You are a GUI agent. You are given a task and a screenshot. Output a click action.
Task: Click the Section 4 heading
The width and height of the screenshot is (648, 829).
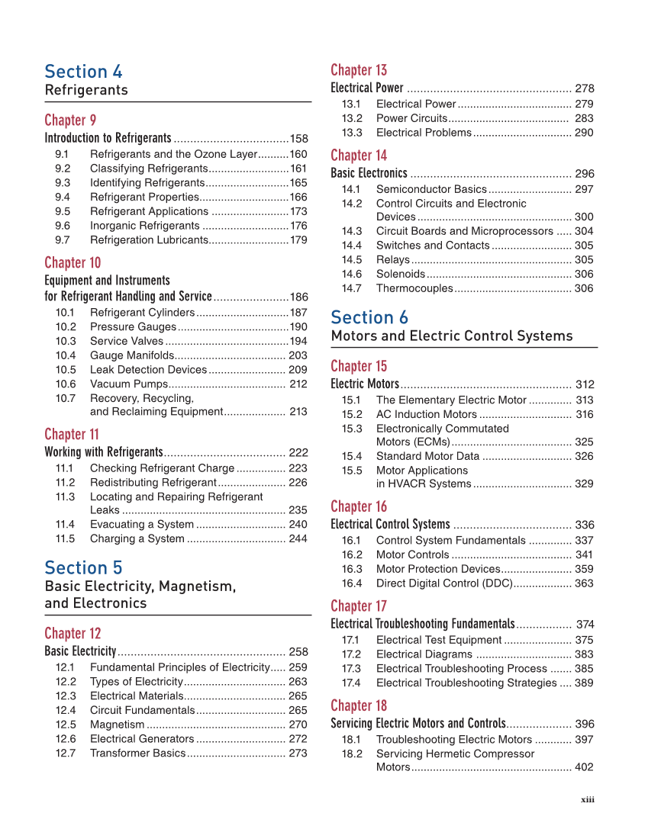pos(83,72)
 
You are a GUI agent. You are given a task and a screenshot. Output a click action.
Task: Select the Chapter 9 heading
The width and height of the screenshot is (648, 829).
pos(70,120)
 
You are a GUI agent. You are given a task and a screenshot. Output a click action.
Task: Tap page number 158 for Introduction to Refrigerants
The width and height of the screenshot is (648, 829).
pos(298,139)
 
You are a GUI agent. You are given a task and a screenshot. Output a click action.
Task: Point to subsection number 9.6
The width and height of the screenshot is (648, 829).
pos(63,226)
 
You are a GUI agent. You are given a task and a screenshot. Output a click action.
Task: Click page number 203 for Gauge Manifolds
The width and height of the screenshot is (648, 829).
pos(298,355)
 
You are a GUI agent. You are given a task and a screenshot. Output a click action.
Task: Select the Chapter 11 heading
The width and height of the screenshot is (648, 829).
pos(72,435)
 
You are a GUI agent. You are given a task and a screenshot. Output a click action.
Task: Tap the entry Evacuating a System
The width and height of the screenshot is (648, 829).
pos(141,525)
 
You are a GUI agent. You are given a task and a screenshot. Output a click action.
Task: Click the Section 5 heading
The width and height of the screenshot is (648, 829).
pos(83,568)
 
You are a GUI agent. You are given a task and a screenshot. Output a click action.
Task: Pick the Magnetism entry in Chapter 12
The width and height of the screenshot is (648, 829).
pos(117,725)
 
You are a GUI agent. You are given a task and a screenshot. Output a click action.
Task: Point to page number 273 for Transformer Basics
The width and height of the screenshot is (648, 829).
pos(298,753)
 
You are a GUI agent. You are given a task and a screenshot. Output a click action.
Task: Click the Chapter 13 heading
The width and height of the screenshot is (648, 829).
pos(359,70)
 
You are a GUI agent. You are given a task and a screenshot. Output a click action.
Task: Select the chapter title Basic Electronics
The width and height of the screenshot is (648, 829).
pos(369,174)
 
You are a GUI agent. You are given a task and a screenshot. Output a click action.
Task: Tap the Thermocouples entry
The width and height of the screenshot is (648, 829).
pos(414,288)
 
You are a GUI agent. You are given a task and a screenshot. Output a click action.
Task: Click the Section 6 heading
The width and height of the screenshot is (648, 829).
pos(369,317)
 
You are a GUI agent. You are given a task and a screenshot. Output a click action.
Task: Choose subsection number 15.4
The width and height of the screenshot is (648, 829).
pos(352,456)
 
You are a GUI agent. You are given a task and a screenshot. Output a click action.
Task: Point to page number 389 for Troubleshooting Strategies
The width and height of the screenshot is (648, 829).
pos(584,683)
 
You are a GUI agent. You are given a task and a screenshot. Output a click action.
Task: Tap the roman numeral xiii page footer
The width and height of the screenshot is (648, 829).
pos(587,799)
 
